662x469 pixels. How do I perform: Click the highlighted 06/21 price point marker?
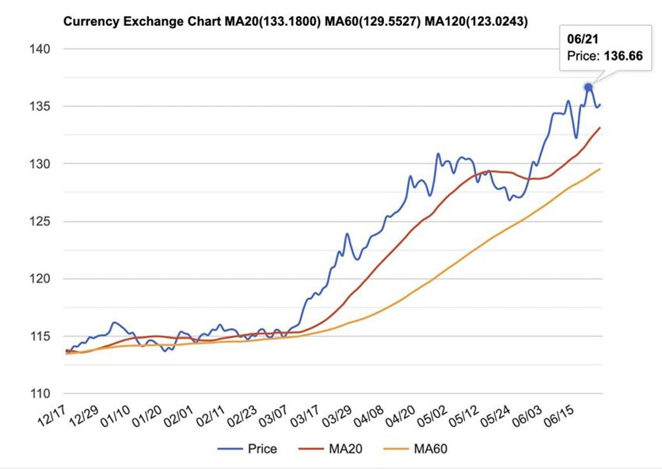[x=588, y=87]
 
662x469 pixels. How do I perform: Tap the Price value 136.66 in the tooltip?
[x=623, y=56]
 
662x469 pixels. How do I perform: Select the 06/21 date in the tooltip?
[x=580, y=39]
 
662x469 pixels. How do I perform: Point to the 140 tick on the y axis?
[x=39, y=49]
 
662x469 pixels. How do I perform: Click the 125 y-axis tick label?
[x=39, y=222]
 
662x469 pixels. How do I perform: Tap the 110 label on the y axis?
[x=39, y=394]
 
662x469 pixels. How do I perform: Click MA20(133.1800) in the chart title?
[x=273, y=22]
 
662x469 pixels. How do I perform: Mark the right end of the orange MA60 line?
[x=600, y=169]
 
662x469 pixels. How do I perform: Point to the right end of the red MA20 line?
[x=600, y=128]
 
